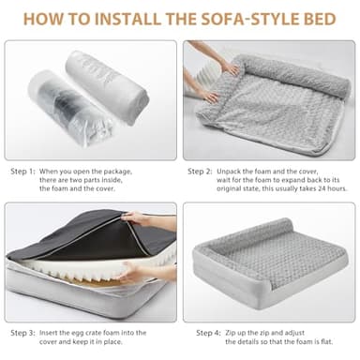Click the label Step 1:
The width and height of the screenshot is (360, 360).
click(23, 172)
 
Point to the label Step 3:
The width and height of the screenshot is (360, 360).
click(23, 332)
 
